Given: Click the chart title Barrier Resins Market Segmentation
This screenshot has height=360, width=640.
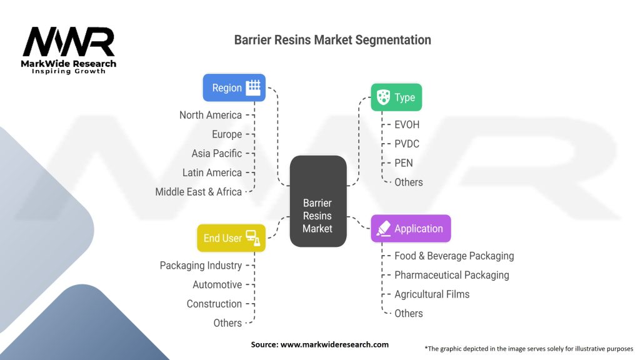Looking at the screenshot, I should pyautogui.click(x=332, y=40).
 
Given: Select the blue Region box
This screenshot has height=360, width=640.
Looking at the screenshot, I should pyautogui.click(x=234, y=87).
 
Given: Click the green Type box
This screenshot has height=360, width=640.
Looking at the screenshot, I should pyautogui.click(x=396, y=97).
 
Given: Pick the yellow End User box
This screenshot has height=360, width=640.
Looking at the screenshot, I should pyautogui.click(x=231, y=238).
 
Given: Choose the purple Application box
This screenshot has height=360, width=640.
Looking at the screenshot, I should pyautogui.click(x=410, y=229).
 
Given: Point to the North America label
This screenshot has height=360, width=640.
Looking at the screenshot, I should pyautogui.click(x=210, y=115).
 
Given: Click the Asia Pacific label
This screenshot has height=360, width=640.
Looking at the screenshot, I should pyautogui.click(x=216, y=153).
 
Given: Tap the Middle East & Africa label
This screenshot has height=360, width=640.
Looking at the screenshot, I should pyautogui.click(x=198, y=192).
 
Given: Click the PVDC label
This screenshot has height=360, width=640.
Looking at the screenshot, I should pyautogui.click(x=407, y=144).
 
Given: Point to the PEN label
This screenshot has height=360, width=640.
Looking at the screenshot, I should pyautogui.click(x=404, y=163).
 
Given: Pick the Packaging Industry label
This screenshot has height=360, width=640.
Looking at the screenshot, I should pyautogui.click(x=201, y=266).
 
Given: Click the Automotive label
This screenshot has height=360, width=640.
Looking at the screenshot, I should pyautogui.click(x=217, y=285).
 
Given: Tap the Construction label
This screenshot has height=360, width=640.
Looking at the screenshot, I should pyautogui.click(x=214, y=304).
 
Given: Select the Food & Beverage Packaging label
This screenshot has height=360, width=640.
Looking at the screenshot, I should pyautogui.click(x=454, y=256).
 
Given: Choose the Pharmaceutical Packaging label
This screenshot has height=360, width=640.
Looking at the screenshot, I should pyautogui.click(x=451, y=275).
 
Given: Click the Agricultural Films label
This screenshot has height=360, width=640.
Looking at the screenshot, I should pyautogui.click(x=432, y=294).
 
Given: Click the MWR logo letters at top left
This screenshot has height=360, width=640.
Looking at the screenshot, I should pyautogui.click(x=68, y=42).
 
